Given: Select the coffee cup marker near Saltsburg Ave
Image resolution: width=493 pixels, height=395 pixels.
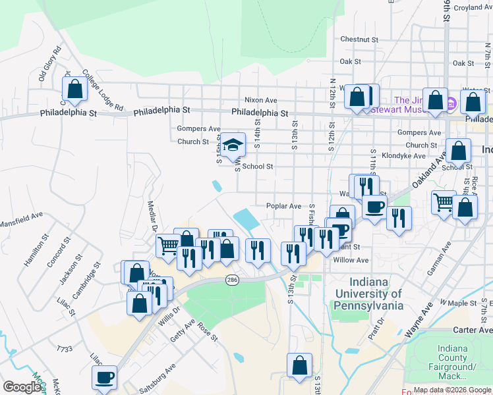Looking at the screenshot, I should (x=104, y=377).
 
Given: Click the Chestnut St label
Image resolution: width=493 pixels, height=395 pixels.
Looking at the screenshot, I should (x=359, y=39).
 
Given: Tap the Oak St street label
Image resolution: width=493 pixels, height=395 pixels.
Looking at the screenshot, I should (x=351, y=62).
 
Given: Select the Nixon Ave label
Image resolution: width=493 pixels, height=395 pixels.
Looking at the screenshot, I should (x=261, y=100).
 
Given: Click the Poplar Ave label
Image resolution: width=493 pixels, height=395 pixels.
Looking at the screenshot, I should (x=283, y=206).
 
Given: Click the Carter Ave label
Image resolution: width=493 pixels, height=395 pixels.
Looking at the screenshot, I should (x=473, y=330).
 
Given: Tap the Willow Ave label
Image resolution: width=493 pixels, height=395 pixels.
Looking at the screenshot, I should (x=351, y=261).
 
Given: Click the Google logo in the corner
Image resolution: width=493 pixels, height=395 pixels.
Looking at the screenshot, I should (x=22, y=387).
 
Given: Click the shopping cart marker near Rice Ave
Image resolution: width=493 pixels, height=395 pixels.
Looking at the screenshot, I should (x=444, y=201).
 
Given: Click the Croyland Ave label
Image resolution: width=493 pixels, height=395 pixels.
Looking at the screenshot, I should (x=472, y=7).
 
